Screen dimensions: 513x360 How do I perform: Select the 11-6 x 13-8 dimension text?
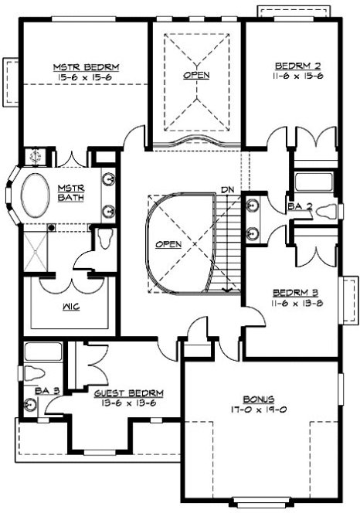coord(292,304)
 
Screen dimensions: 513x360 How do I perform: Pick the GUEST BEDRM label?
coord(127,392)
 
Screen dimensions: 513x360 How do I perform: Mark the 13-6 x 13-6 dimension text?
coord(127,403)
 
